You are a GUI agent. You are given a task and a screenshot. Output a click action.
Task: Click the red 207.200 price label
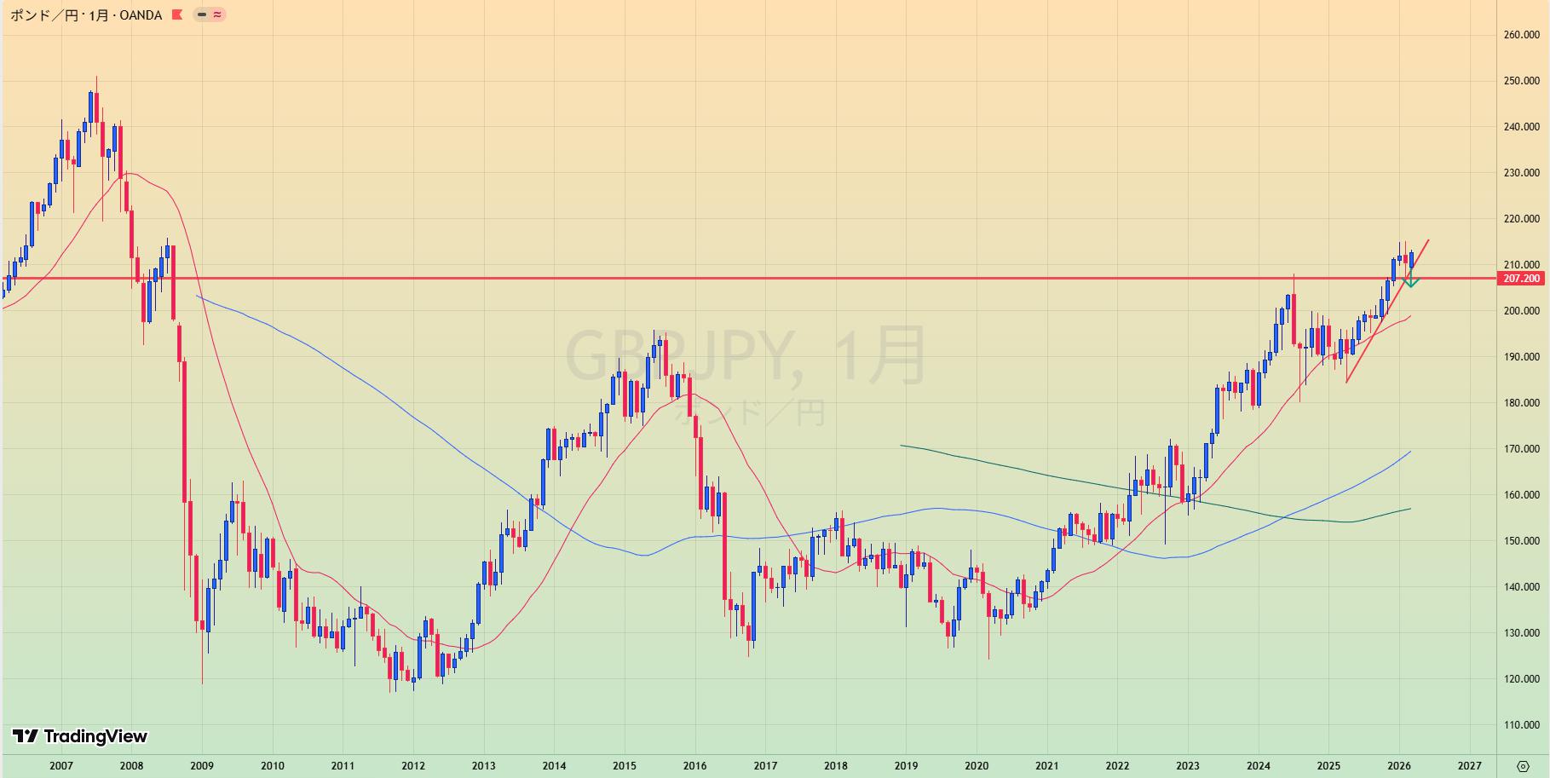pos(1521,279)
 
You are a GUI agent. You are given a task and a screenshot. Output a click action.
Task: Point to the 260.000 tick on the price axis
pos(1522,35)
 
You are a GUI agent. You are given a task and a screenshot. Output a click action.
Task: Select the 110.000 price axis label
pos(1522,725)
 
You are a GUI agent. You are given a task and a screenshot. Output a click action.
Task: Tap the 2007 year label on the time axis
pos(61,765)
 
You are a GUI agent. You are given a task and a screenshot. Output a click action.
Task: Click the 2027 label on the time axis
pos(1469,765)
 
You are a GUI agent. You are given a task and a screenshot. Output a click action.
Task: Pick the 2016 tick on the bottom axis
pos(694,765)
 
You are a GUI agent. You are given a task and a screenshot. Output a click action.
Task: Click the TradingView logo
pos(80,736)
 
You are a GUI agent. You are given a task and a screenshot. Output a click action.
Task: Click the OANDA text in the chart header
pos(141,15)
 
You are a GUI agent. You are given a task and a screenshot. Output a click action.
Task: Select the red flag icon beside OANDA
pos(177,14)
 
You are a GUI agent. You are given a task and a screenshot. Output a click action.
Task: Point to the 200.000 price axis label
pos(1522,311)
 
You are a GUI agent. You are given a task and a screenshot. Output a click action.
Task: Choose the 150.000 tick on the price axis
pos(1522,541)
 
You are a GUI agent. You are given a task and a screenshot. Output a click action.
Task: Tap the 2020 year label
pos(977,765)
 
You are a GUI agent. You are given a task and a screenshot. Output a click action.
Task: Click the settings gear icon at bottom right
pos(1523,765)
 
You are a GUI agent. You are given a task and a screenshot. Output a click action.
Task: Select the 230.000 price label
pos(1522,173)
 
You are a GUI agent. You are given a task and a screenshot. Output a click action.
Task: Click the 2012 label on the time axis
pos(413,765)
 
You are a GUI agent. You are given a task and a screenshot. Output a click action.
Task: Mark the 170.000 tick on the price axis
pos(1522,449)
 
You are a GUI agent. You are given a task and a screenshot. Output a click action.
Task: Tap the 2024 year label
pos(1258,765)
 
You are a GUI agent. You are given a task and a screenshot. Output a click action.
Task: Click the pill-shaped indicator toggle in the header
pos(210,14)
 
